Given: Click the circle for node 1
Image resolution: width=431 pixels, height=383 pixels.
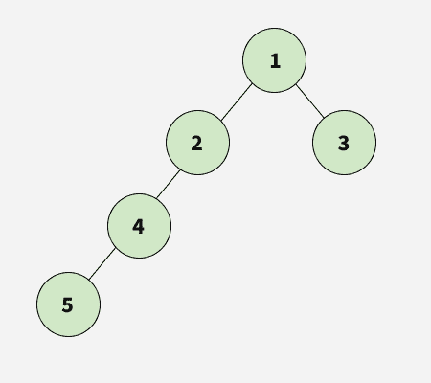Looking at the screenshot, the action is tap(275, 60).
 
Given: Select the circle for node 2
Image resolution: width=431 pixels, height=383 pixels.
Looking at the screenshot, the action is tap(197, 143).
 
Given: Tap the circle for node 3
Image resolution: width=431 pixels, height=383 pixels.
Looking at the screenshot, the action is tap(344, 143).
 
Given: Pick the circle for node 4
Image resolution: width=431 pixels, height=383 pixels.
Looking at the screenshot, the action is tap(139, 226).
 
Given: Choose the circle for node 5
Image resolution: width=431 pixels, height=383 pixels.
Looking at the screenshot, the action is tap(68, 304).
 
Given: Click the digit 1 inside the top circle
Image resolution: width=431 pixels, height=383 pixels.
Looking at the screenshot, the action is tap(275, 61).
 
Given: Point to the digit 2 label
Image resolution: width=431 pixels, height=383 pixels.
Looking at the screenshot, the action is tap(196, 144).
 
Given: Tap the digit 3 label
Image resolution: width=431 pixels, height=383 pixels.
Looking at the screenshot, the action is tap(344, 144).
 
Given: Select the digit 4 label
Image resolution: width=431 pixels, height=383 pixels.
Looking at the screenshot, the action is tap(138, 227).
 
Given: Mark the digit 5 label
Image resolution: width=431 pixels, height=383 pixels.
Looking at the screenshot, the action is tap(67, 304).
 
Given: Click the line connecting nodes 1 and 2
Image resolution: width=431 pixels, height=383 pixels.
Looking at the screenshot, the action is tap(237, 102).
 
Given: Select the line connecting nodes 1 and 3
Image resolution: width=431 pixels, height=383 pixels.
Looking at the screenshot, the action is tap(310, 101).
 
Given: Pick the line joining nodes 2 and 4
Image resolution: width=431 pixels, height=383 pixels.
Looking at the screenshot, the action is tap(169, 184).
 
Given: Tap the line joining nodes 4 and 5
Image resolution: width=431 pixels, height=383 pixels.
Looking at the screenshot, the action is tap(102, 264).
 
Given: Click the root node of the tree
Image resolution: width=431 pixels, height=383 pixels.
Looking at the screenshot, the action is tap(275, 60).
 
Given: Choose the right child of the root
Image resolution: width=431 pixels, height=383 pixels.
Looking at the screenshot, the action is tap(344, 143).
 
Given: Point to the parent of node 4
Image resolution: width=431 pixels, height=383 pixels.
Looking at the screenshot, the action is tap(197, 143).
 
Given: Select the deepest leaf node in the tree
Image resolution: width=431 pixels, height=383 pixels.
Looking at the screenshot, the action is tap(68, 304).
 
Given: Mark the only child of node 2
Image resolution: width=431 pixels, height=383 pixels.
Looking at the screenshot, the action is tap(139, 226).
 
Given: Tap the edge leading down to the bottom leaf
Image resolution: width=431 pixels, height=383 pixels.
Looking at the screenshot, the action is tap(102, 264).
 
